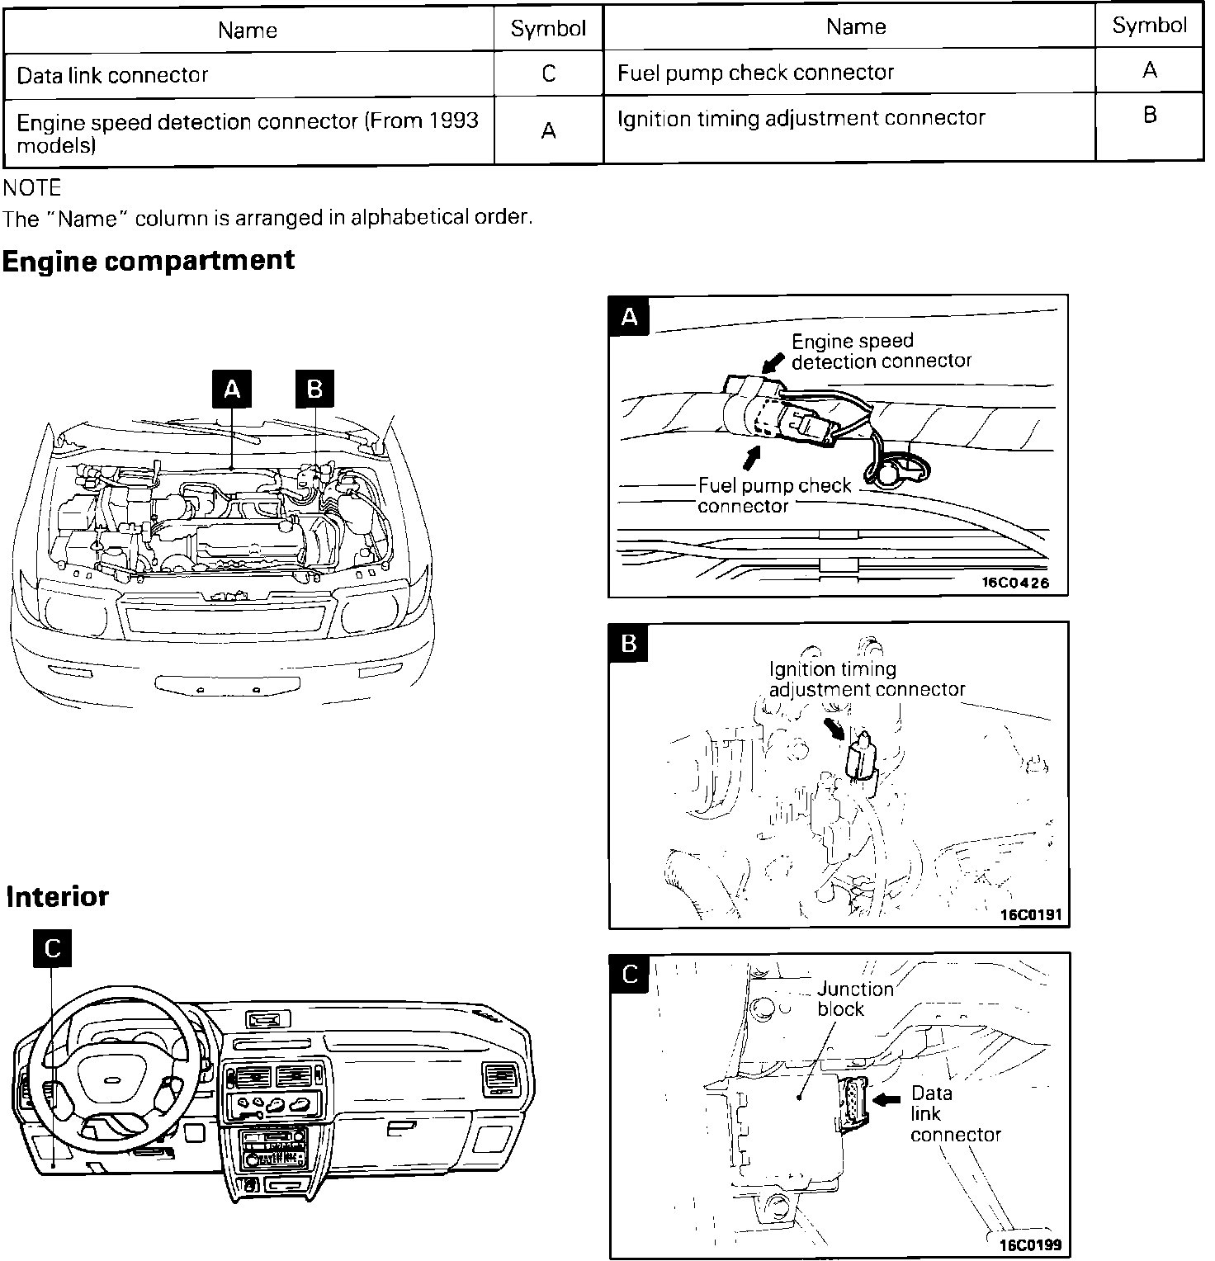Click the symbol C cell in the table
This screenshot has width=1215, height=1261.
pyautogui.click(x=548, y=74)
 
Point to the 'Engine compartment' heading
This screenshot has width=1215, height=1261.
pyautogui.click(x=149, y=261)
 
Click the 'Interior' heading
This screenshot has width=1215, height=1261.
pyautogui.click(x=58, y=896)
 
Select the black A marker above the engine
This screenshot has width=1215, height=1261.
pyautogui.click(x=232, y=389)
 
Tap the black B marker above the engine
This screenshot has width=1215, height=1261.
pyautogui.click(x=314, y=389)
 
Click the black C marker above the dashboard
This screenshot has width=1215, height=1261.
pyautogui.click(x=52, y=948)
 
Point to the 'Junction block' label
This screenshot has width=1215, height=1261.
pyautogui.click(x=854, y=999)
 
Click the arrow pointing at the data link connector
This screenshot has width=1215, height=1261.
pyautogui.click(x=887, y=1099)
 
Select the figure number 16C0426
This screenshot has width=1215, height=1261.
pyautogui.click(x=1014, y=583)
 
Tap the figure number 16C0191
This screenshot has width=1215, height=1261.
pyautogui.click(x=1030, y=914)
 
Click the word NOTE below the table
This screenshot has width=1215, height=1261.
pyautogui.click(x=33, y=188)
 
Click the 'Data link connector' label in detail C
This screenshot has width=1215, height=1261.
pyautogui.click(x=954, y=1114)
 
